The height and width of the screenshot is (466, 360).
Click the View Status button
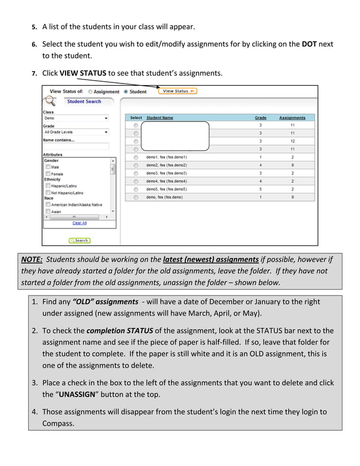(x=177, y=91)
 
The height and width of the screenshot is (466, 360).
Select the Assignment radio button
(x=90, y=91)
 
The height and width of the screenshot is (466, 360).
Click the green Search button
(x=80, y=240)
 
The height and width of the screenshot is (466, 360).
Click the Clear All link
(x=80, y=223)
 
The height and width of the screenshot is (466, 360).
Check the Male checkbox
(x=48, y=167)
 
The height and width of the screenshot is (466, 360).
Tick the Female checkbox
(x=48, y=174)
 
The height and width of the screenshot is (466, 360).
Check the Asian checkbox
(x=48, y=212)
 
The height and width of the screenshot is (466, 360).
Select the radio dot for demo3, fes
(x=136, y=173)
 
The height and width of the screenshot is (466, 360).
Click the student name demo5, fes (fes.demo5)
(x=166, y=190)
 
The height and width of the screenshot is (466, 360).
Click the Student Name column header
(x=160, y=118)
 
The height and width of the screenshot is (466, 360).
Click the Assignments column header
(x=292, y=118)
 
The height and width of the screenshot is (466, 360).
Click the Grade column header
(x=260, y=118)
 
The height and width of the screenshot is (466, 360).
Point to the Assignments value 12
(x=292, y=141)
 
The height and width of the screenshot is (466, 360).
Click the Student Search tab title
(x=84, y=102)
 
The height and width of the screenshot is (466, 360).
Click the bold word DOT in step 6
(x=309, y=43)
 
